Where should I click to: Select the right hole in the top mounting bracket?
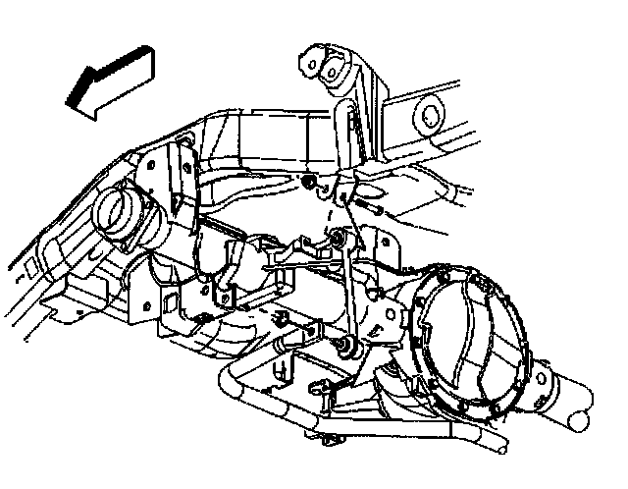tap(347, 75)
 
